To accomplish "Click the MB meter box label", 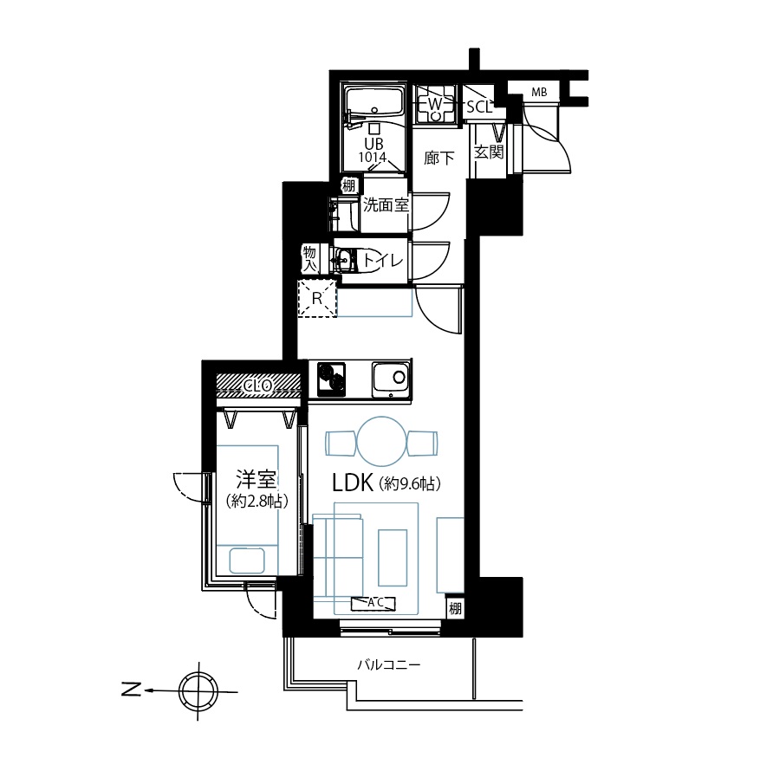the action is [x=539, y=92].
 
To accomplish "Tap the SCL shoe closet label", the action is [x=479, y=107].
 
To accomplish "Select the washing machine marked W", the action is [x=435, y=104].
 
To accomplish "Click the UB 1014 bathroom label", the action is [x=374, y=150].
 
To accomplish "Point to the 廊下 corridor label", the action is [x=438, y=158].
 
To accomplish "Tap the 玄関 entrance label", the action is [x=489, y=152].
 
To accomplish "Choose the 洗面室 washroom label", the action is [x=386, y=205].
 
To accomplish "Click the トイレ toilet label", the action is [x=382, y=261].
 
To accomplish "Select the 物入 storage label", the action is [x=309, y=259].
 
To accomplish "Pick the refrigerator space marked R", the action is [x=317, y=299].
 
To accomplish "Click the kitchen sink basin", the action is [x=390, y=379].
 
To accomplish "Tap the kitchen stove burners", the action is [x=331, y=379].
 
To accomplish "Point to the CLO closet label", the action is [x=258, y=385].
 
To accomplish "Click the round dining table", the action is [x=381, y=442].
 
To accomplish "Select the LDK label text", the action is [x=353, y=483].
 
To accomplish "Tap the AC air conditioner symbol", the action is [x=374, y=604].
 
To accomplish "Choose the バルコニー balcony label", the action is [x=389, y=664].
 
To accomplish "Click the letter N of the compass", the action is [x=131, y=689].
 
